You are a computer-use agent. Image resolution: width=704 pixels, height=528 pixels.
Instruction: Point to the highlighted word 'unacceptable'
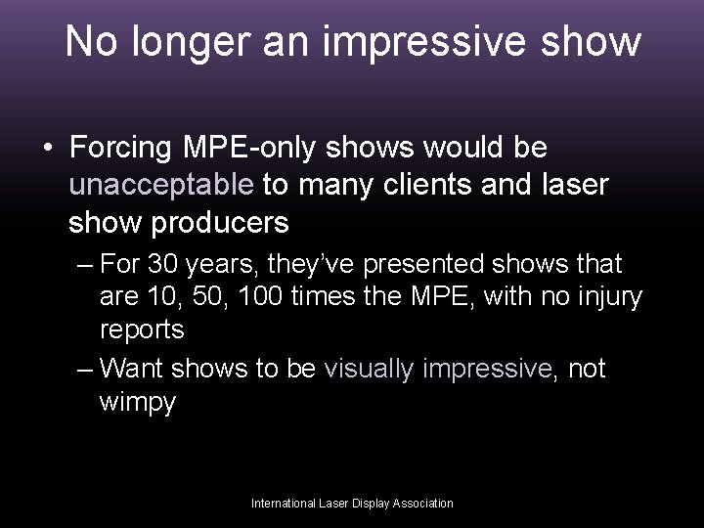pos(161,186)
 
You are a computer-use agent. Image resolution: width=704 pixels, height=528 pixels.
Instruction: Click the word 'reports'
pos(142,330)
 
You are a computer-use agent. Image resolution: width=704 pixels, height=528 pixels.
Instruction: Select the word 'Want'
pos(134,369)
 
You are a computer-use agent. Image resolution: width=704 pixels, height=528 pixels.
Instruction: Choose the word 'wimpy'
pos(138,402)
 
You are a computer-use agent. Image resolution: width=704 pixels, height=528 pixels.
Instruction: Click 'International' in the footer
pos(284,504)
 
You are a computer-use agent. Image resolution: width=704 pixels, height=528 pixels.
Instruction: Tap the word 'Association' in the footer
pos(423,504)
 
